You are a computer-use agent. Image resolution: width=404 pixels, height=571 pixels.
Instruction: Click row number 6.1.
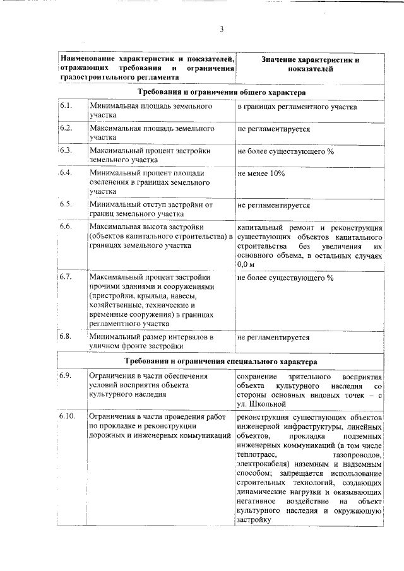(x=66, y=106)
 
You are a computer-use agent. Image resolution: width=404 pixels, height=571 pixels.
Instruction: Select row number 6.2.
(x=66, y=128)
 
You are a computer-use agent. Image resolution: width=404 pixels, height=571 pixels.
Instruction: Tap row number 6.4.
(x=66, y=172)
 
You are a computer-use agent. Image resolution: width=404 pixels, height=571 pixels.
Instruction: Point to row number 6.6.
(x=66, y=226)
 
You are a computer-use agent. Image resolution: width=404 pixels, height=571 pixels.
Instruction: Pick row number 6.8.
(x=66, y=336)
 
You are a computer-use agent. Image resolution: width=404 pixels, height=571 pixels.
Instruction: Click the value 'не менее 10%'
(x=261, y=173)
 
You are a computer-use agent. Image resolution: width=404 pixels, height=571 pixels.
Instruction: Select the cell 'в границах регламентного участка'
(x=297, y=107)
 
